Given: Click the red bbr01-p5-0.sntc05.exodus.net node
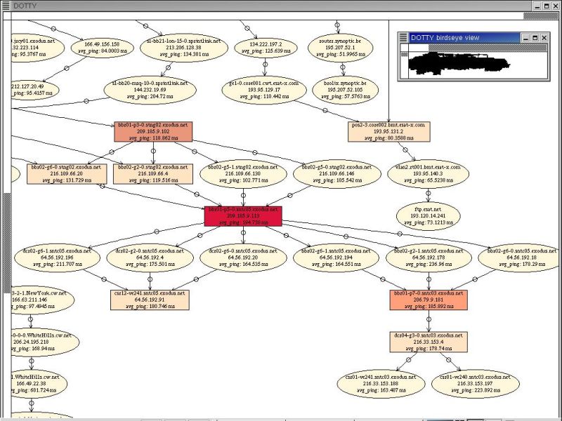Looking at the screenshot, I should [242, 215].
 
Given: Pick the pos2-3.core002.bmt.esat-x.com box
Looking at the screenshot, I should [388, 131].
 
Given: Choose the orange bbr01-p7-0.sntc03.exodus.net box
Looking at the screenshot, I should [429, 300].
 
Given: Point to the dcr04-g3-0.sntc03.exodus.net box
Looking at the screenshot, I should [429, 342].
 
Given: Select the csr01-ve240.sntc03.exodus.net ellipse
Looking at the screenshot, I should [466, 384].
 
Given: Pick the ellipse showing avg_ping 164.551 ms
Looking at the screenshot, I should [333, 258].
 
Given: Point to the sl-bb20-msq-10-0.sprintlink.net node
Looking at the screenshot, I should [150, 89].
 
